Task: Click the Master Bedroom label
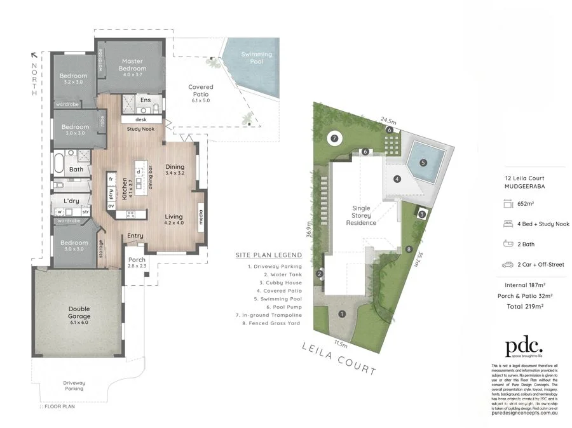click(132, 65)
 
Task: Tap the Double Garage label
click(79, 312)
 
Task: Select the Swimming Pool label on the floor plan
click(256, 58)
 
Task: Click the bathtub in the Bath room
click(58, 163)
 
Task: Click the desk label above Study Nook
click(141, 119)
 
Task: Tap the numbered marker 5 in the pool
click(423, 162)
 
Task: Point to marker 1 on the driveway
click(342, 313)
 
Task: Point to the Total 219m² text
click(521, 305)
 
